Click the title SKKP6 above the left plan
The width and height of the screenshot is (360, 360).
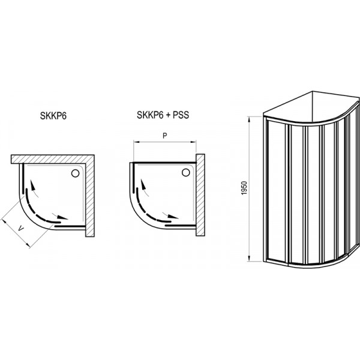(x=53, y=116)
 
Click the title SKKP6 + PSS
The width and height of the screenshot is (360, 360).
(x=163, y=115)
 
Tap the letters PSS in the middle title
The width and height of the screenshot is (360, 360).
(x=181, y=115)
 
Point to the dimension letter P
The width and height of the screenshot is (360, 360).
(x=164, y=136)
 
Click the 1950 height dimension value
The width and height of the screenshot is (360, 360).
(x=245, y=188)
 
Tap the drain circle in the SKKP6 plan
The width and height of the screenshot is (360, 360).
(x=76, y=173)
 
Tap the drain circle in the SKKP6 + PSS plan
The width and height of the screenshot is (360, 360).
(x=186, y=172)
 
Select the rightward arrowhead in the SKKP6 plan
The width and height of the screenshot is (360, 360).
(x=62, y=217)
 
